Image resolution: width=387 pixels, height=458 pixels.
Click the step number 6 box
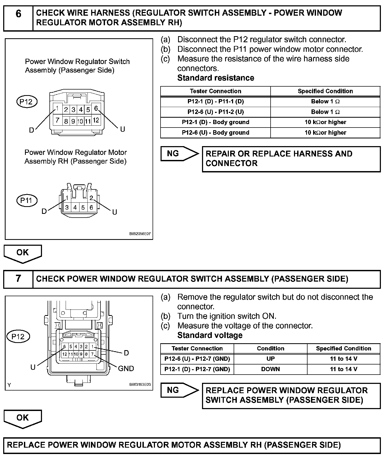pyautogui.click(x=18, y=18)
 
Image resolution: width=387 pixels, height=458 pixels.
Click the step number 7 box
pyautogui.click(x=18, y=279)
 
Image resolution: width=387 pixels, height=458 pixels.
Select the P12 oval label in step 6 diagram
pyautogui.click(x=26, y=102)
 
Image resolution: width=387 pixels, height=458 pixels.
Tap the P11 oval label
pyautogui.click(x=26, y=200)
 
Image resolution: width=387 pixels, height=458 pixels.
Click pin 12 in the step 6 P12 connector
pyautogui.click(x=96, y=120)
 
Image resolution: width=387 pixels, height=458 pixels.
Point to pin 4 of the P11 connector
pyautogui.click(x=75, y=207)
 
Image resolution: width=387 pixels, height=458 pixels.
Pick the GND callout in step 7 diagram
pyautogui.click(x=126, y=368)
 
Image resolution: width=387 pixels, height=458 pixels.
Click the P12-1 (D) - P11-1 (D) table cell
pyautogui.click(x=215, y=101)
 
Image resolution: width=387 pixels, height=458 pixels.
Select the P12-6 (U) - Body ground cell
pyautogui.click(x=215, y=133)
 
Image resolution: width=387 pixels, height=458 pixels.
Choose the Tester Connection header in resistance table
pyautogui.click(x=215, y=91)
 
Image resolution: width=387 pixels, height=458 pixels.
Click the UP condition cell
pyautogui.click(x=270, y=359)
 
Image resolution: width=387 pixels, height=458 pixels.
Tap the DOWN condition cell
pyautogui.click(x=270, y=369)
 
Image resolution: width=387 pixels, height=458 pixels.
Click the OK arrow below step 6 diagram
pyautogui.click(x=23, y=253)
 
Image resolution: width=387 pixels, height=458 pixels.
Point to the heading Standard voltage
pyautogui.click(x=210, y=335)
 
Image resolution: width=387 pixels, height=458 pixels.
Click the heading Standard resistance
pyautogui.click(x=216, y=78)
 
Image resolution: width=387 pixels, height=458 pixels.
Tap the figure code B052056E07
pyautogui.click(x=140, y=234)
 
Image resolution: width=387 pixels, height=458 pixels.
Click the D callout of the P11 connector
pyautogui.click(x=44, y=211)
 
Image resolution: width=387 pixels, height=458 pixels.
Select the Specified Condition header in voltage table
pyautogui.click(x=343, y=348)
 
